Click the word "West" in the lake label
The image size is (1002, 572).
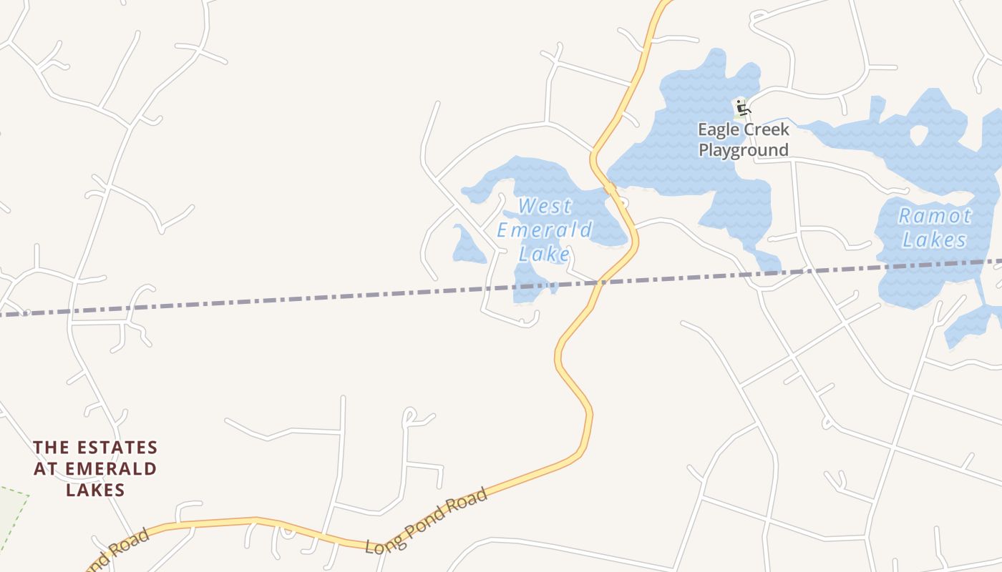[x=545, y=206]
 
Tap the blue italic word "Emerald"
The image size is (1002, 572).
[x=545, y=230]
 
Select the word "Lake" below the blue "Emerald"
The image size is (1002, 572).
[x=545, y=254]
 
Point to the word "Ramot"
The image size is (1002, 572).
[x=935, y=215]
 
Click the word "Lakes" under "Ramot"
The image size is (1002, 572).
[x=935, y=240]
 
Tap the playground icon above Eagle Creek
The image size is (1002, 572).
[x=742, y=109]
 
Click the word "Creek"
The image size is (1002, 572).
[x=768, y=129]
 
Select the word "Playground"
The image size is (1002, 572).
[x=744, y=150]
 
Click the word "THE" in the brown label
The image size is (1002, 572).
[x=51, y=448]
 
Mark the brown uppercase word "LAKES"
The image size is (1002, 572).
[x=95, y=490]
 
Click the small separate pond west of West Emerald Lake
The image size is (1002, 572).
[x=467, y=245]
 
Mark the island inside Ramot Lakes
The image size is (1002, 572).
[x=919, y=134]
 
